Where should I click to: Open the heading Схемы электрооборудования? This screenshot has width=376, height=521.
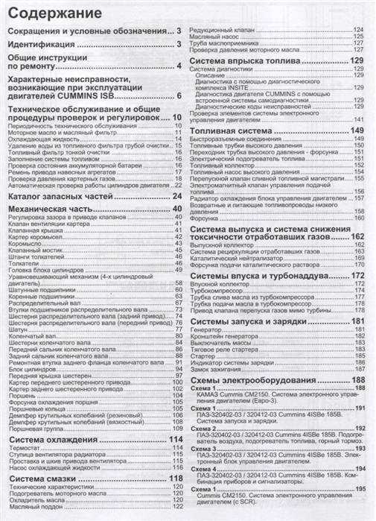pos(257,380)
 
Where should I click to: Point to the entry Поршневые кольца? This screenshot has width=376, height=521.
pos(36,408)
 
